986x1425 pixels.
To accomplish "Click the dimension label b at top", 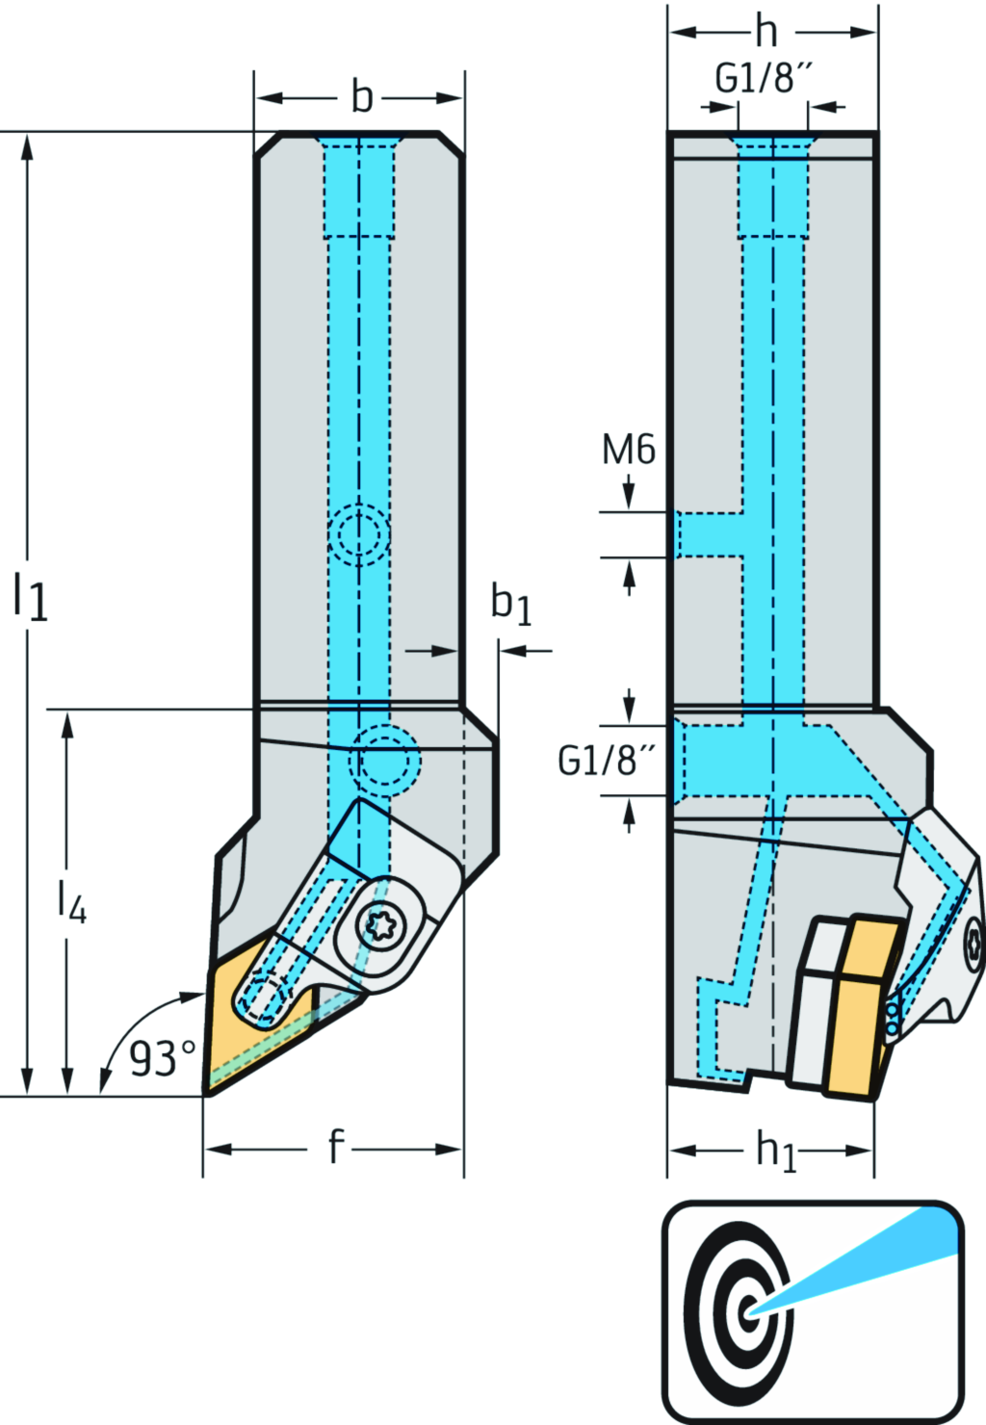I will click(x=361, y=97).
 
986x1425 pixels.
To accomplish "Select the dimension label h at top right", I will click(x=766, y=32).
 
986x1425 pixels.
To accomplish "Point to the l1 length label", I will click(x=30, y=596).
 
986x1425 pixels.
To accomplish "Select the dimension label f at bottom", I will click(x=334, y=1148).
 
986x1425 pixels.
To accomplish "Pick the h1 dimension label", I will click(x=776, y=1150).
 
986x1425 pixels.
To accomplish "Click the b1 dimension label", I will click(x=510, y=604).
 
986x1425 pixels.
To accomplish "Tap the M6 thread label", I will click(x=628, y=450).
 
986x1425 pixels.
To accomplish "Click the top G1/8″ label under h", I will click(x=765, y=78).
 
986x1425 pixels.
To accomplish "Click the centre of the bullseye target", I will click(x=746, y=1310).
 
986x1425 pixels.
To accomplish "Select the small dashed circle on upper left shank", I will click(x=358, y=534).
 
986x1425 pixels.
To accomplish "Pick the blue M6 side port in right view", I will click(x=708, y=534).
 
